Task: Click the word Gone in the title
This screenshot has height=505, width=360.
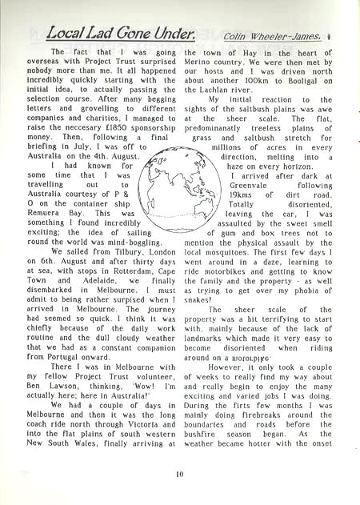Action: [127, 34]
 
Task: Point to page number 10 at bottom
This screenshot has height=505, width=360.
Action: [180, 472]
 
